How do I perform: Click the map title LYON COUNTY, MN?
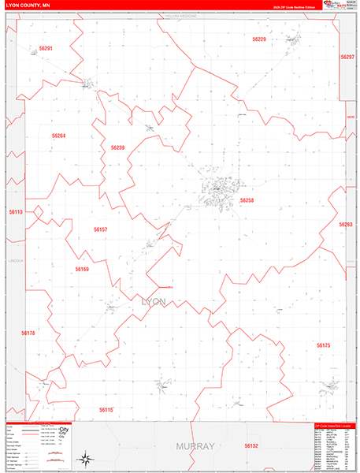click(x=28, y=4)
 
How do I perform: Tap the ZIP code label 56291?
click(x=46, y=48)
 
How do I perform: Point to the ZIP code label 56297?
click(x=347, y=58)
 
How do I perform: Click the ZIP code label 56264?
click(x=58, y=136)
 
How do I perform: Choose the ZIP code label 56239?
click(x=117, y=147)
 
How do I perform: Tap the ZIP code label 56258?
click(x=247, y=200)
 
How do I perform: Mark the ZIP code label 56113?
click(x=16, y=212)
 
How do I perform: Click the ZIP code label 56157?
click(x=100, y=229)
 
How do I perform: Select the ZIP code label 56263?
click(x=345, y=225)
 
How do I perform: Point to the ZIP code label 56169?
click(x=82, y=269)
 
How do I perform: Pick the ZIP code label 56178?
click(x=28, y=333)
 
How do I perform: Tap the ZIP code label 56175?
click(x=323, y=345)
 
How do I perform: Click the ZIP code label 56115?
click(x=106, y=409)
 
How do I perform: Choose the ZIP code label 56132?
click(x=251, y=445)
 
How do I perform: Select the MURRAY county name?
click(x=195, y=446)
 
